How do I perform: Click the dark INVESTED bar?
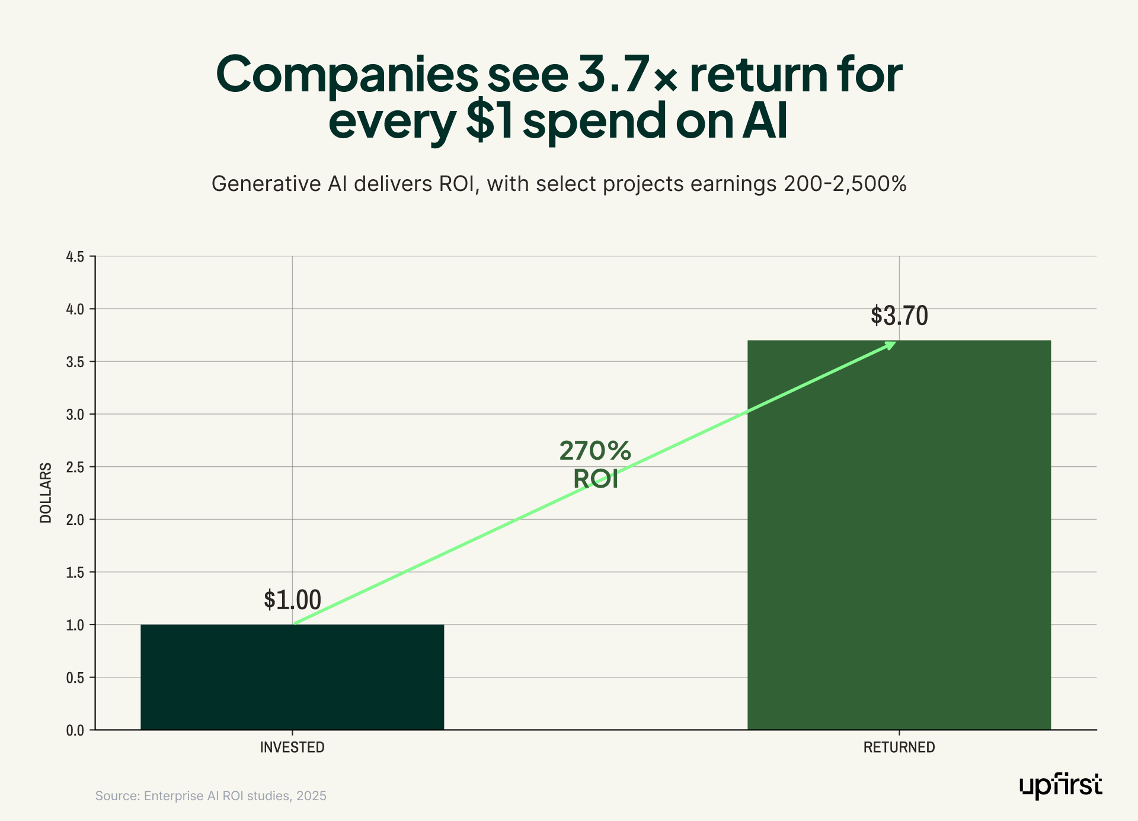[292, 677]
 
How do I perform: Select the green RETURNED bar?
[899, 534]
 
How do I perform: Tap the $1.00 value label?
[292, 600]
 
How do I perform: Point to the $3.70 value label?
[899, 316]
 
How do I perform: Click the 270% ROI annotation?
[595, 464]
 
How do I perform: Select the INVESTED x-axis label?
[292, 747]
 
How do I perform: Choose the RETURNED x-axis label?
[899, 747]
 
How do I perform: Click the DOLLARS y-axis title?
[46, 492]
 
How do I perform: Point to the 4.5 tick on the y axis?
[75, 257]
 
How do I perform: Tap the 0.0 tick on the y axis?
[75, 730]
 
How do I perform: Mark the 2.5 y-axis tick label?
[75, 467]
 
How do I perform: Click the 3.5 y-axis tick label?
[75, 362]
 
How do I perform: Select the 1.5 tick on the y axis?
[75, 572]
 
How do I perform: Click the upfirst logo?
[1060, 785]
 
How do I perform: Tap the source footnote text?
[211, 795]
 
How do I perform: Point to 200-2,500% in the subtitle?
[845, 184]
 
